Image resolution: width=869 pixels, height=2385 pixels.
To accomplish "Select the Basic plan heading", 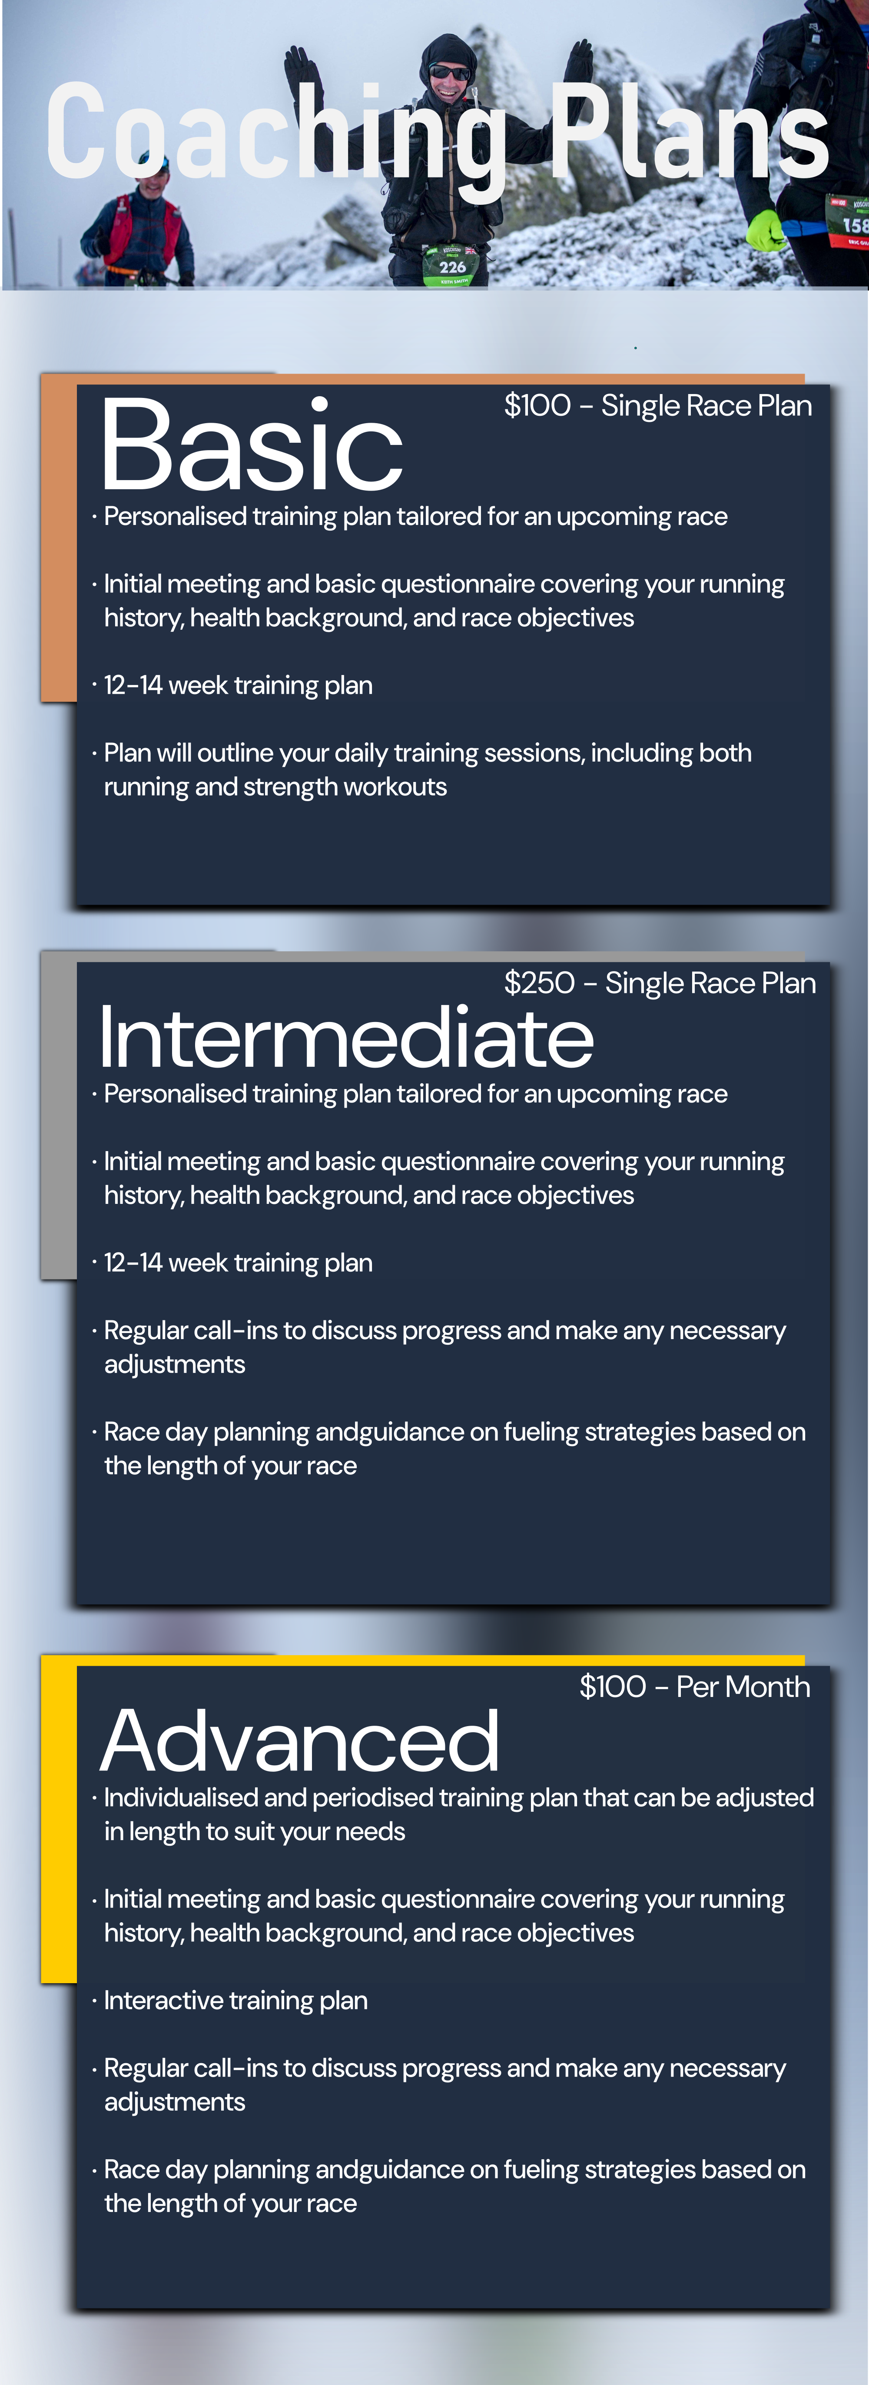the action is [x=252, y=444].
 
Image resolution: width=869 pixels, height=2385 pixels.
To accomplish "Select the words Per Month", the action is [x=743, y=1687].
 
